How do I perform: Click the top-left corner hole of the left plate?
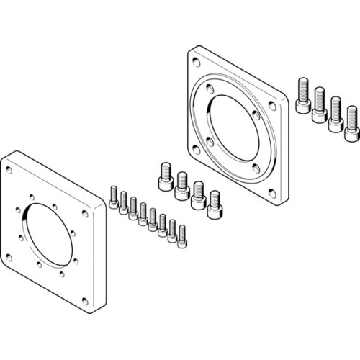(x=9, y=171)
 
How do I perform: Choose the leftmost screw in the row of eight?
(x=113, y=197)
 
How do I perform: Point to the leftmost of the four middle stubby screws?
(x=164, y=174)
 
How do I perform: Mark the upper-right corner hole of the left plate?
(x=86, y=215)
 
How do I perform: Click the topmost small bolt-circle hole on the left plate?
(x=33, y=193)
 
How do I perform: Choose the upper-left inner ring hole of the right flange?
(x=209, y=90)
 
